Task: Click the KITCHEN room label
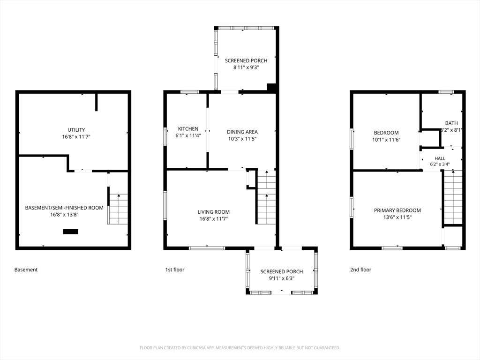(188, 129)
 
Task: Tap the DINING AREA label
(242, 132)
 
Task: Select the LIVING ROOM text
(213, 212)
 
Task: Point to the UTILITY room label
(76, 130)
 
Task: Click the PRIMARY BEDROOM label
(397, 210)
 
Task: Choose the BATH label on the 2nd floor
(451, 123)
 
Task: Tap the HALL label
(440, 158)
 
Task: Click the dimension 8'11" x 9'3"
(246, 67)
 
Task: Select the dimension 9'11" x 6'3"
(282, 278)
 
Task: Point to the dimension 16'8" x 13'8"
(64, 215)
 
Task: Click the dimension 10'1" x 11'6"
(386, 140)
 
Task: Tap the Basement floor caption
(26, 270)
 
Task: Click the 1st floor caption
(175, 270)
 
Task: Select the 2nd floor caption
(360, 270)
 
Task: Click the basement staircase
(118, 209)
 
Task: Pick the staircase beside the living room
(266, 197)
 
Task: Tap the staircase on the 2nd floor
(453, 197)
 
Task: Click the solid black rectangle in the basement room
(70, 232)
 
